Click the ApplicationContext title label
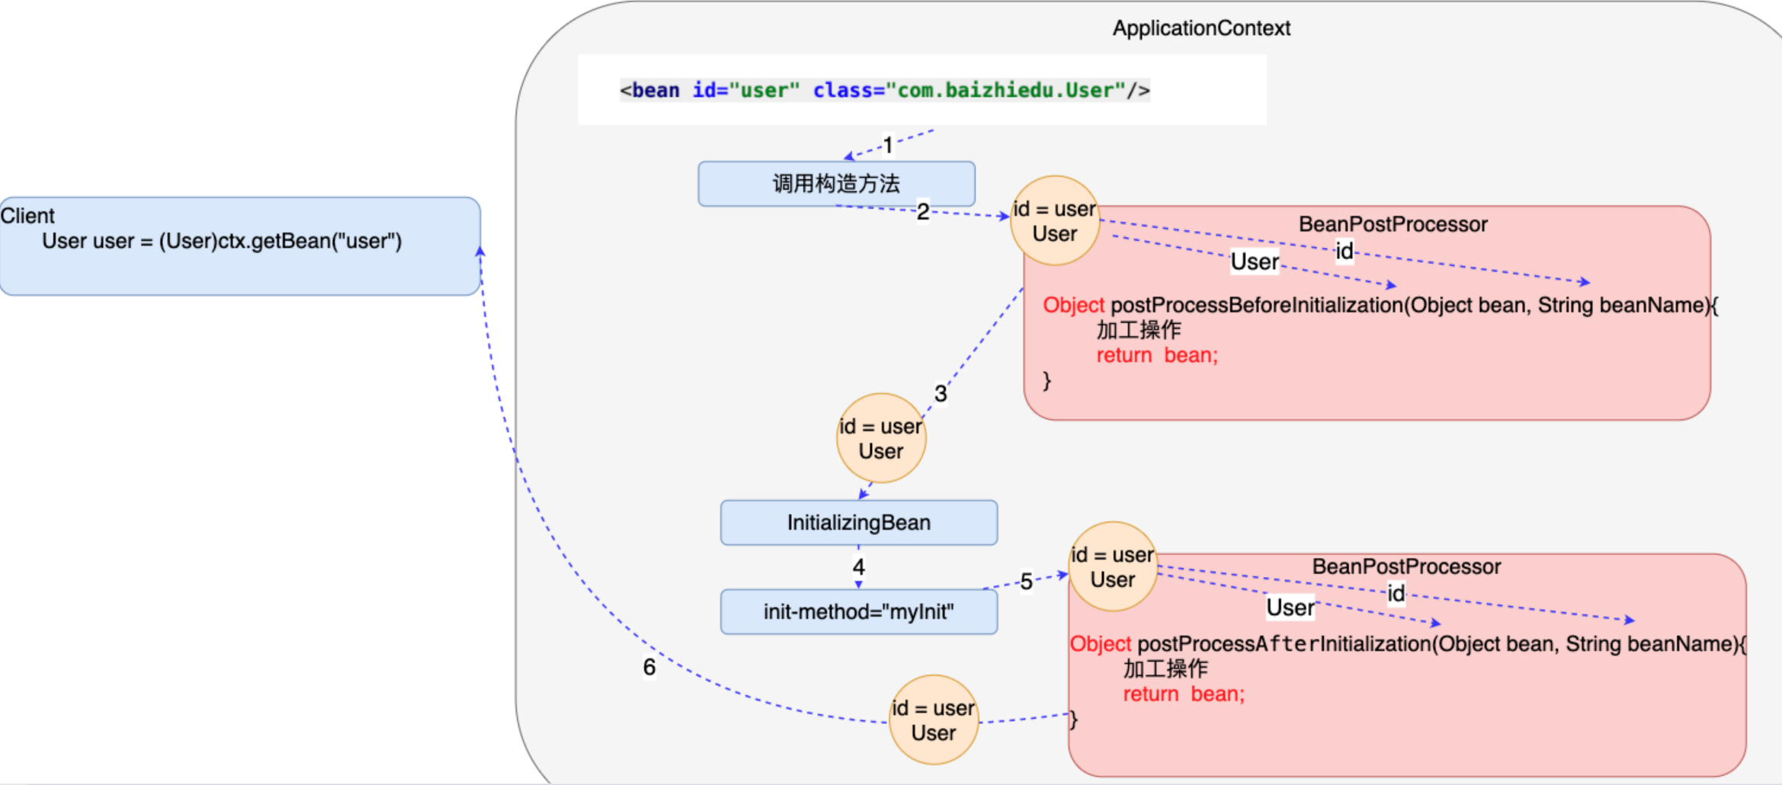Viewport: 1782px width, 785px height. click(1201, 28)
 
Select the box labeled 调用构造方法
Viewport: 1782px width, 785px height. click(836, 184)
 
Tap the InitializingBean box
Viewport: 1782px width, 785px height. click(858, 523)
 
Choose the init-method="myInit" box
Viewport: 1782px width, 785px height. click(858, 611)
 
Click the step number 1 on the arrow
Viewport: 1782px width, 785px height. click(888, 145)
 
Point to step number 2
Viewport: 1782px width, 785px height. click(923, 211)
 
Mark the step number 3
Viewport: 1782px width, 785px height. click(941, 393)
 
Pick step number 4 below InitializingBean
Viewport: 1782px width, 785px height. click(859, 567)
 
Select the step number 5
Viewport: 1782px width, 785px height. click(1027, 582)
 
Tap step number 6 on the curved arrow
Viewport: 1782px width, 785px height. click(649, 667)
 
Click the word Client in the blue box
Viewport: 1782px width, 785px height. click(28, 216)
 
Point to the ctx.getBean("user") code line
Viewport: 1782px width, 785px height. click(222, 241)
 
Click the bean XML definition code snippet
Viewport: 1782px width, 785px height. click(884, 90)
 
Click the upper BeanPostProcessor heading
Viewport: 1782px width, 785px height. click(1393, 224)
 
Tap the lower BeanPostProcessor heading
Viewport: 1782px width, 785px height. click(1406, 566)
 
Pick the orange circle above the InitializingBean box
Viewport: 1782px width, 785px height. click(881, 438)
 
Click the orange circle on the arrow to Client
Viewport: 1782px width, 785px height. click(934, 720)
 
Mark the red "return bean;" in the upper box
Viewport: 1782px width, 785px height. click(1157, 355)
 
